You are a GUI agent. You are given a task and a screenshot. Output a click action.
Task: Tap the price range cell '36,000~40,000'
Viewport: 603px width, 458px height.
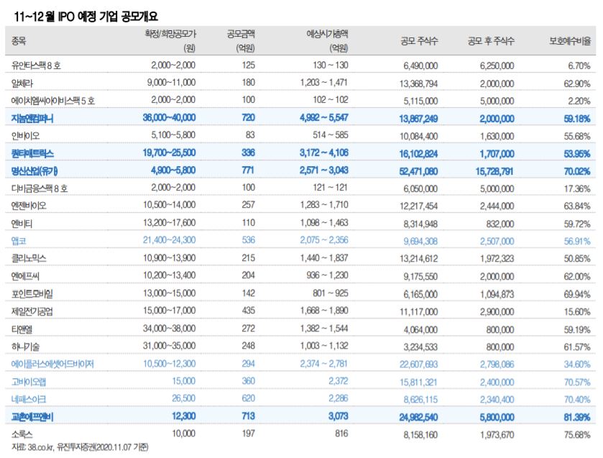pos(169,118)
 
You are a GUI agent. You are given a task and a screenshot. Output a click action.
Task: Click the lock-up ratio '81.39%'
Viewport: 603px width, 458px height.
pos(574,416)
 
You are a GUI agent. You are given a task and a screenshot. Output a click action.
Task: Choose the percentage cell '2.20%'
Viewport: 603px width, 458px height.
pos(577,100)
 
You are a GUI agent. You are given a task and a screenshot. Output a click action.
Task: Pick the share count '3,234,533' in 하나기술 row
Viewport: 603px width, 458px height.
pos(416,347)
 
